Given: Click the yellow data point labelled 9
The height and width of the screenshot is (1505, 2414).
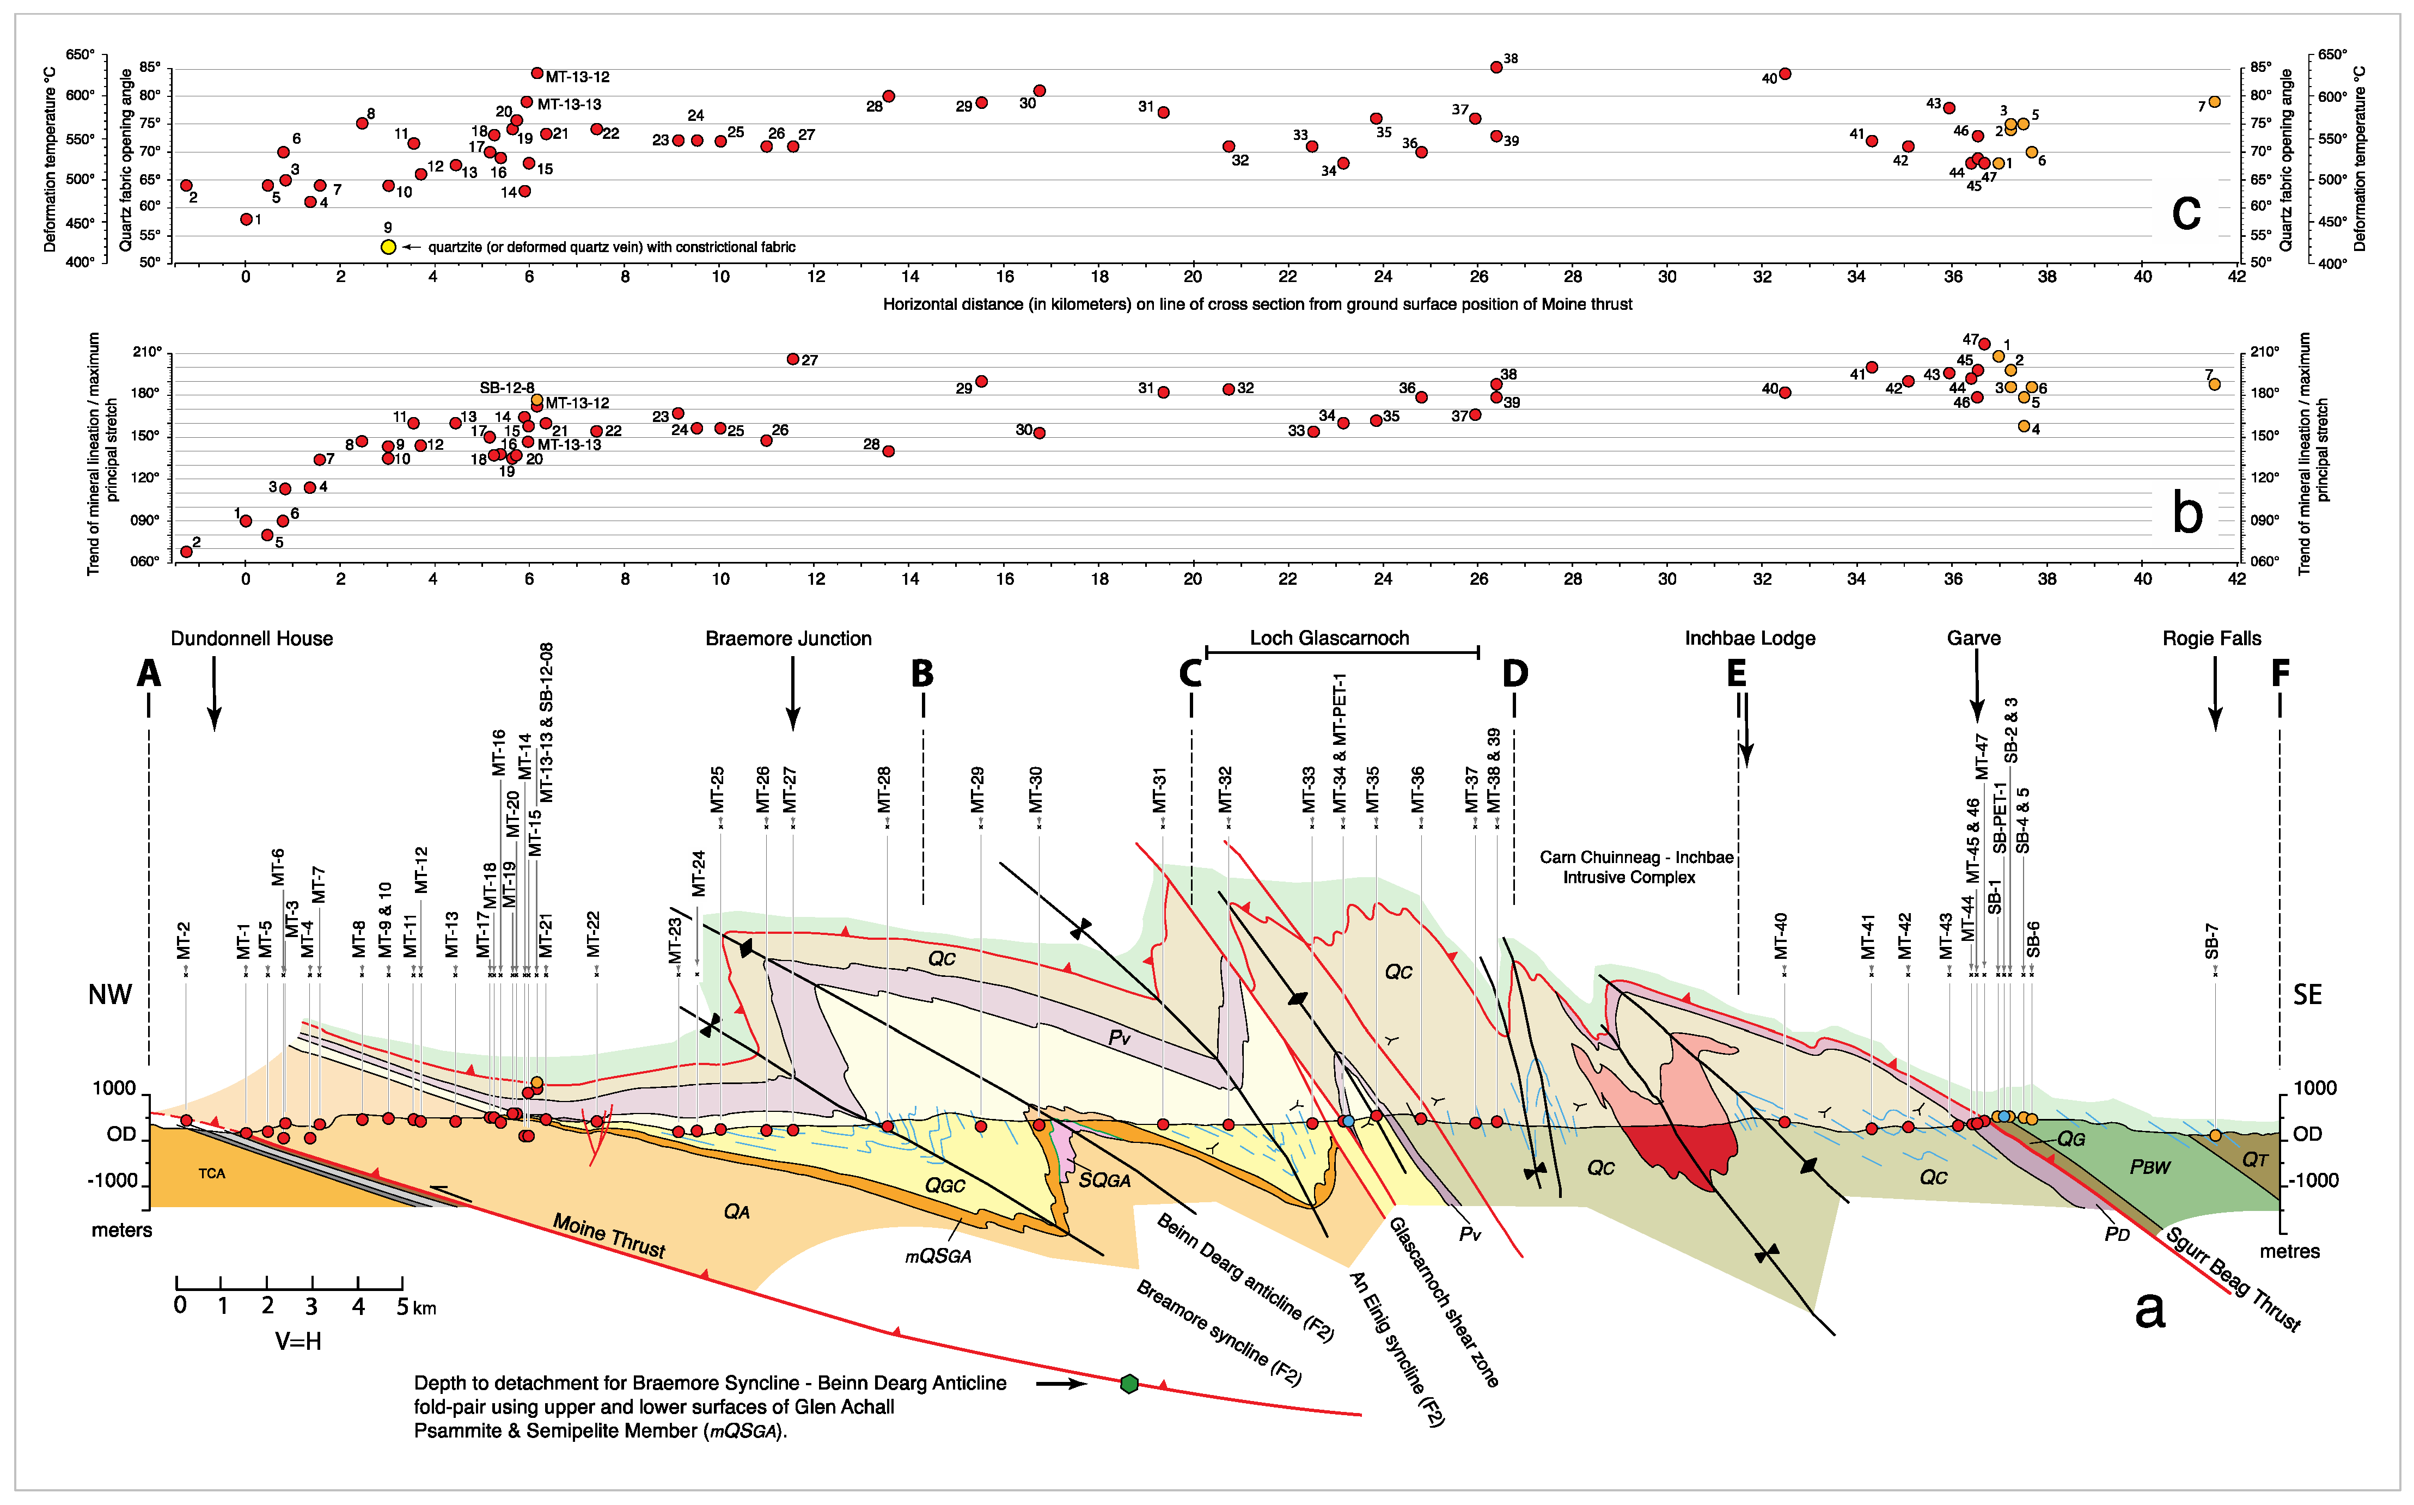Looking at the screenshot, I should [388, 247].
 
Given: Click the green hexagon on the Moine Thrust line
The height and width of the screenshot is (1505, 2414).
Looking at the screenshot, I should [1129, 1384].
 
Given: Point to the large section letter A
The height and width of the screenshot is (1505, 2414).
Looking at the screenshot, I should [148, 674].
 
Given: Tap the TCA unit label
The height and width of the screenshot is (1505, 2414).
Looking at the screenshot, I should [211, 1173].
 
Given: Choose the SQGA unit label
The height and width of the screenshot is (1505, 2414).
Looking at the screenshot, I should [1105, 1180].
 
